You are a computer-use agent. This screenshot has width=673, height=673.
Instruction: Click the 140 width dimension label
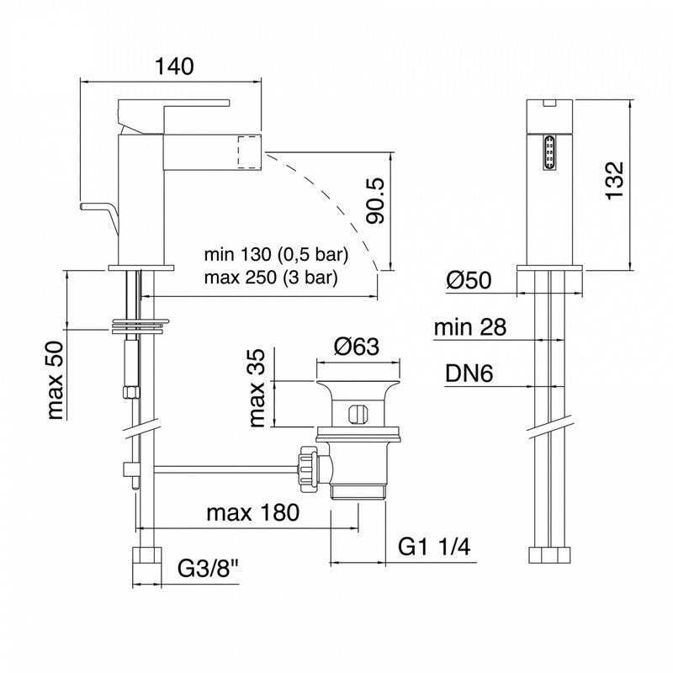coord(174,66)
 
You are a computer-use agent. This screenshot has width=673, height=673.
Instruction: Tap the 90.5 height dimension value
coord(375,201)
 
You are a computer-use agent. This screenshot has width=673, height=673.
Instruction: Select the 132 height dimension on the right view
coord(614,180)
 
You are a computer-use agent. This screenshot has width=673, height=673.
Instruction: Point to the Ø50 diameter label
coord(469,280)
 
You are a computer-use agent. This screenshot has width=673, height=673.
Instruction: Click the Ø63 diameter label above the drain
coord(357,347)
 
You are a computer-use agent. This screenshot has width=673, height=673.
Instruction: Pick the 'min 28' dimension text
coord(470,327)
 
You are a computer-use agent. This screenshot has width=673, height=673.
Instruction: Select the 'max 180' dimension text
coord(253,512)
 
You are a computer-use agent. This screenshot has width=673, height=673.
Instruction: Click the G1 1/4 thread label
coord(434,547)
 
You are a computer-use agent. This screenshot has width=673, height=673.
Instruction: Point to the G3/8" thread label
coord(208,570)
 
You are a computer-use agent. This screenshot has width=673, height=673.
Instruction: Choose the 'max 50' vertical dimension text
coord(56,380)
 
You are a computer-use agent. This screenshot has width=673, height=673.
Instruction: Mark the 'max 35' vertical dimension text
coord(257,388)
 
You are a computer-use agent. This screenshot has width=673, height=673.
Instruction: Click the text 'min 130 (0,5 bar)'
coord(276,255)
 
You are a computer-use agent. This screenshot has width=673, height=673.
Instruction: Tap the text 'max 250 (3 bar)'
coord(271,278)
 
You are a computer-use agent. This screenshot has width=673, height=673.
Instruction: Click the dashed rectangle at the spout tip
coord(250,152)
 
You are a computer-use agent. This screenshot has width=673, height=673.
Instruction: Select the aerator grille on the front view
coord(549,153)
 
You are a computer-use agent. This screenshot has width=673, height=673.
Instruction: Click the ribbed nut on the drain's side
coord(309,469)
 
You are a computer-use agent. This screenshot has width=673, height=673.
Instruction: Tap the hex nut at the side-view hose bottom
coord(549,554)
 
